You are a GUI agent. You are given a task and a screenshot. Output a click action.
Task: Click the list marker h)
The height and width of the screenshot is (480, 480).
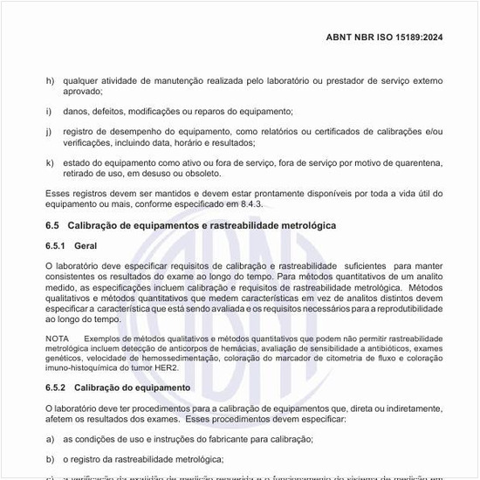(49, 81)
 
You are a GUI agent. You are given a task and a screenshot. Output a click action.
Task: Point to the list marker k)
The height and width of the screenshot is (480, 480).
(49, 162)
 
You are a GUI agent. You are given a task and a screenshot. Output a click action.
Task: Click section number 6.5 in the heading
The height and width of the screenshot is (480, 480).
(51, 226)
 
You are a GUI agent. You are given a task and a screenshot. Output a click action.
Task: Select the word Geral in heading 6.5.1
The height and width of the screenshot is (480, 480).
(86, 247)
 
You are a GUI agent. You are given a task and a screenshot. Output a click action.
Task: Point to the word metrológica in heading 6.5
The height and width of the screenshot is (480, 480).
(287, 226)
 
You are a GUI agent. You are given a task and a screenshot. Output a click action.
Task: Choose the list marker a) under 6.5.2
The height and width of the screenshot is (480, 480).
(49, 439)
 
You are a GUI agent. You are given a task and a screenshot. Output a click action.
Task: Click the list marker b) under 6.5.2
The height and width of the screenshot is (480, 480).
(49, 459)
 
